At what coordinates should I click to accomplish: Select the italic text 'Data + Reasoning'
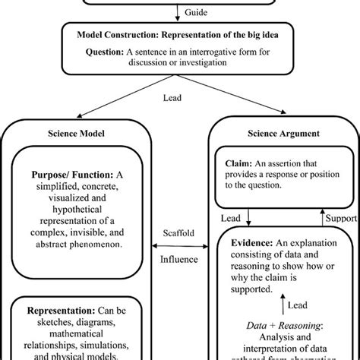(267, 324)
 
